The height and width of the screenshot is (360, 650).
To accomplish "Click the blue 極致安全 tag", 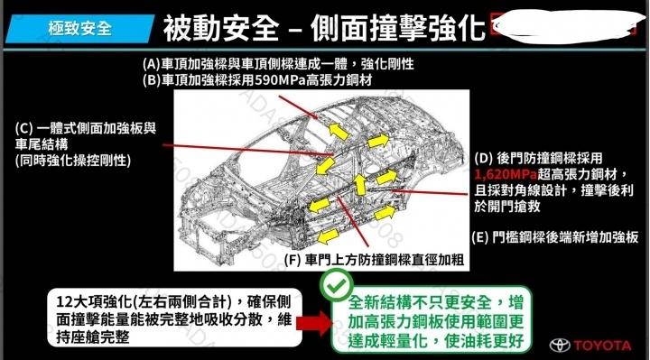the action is click(x=80, y=29).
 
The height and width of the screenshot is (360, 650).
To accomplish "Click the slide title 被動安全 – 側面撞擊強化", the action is click(x=324, y=28).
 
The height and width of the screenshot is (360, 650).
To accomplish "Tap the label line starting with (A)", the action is click(x=278, y=64).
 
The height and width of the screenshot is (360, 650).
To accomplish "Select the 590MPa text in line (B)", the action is click(x=280, y=79).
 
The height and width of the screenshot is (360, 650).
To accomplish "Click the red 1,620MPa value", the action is click(x=506, y=174).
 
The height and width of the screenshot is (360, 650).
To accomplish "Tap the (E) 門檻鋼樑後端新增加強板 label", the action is click(x=555, y=237).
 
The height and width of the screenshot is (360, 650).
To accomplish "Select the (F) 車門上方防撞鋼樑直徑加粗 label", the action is click(x=374, y=260).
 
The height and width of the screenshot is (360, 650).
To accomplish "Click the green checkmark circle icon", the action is click(x=337, y=284).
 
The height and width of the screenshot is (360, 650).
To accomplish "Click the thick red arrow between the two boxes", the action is click(x=314, y=323).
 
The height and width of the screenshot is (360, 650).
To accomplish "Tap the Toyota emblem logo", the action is click(x=560, y=345).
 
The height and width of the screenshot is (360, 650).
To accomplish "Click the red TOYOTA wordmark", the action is click(x=603, y=345).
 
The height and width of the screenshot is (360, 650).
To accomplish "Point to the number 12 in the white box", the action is click(x=64, y=301).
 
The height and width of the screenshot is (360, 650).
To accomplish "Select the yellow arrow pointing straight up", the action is click(x=360, y=184).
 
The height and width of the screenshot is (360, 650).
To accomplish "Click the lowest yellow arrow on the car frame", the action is click(x=329, y=237).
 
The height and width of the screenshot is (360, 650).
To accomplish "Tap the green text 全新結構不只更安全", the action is click(x=422, y=302).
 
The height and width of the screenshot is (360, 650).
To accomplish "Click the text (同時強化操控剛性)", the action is click(x=73, y=161).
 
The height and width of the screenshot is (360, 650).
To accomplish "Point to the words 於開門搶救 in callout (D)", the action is click(x=507, y=206).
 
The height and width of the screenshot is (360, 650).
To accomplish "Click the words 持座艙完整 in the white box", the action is click(x=93, y=337).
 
